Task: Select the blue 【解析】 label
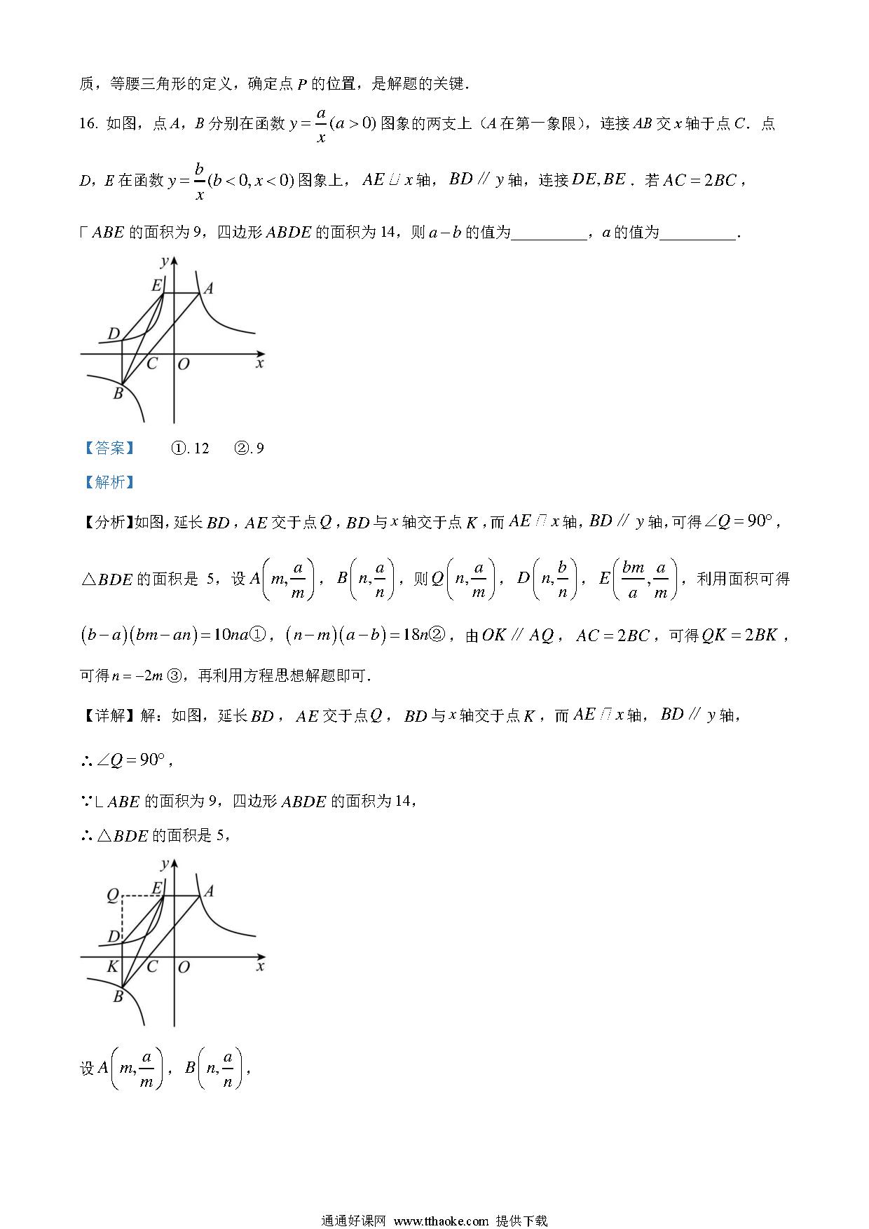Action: (x=109, y=482)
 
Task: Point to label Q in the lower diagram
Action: (x=112, y=895)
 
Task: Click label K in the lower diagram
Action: (x=112, y=968)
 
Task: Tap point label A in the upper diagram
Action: (x=208, y=288)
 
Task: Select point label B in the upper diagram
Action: (x=118, y=394)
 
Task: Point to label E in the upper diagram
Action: (x=157, y=285)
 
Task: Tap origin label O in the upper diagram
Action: (x=184, y=364)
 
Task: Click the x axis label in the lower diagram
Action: (x=260, y=967)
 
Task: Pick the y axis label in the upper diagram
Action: (x=164, y=262)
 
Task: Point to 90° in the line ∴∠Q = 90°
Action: (x=150, y=760)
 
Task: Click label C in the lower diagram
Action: (x=152, y=967)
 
